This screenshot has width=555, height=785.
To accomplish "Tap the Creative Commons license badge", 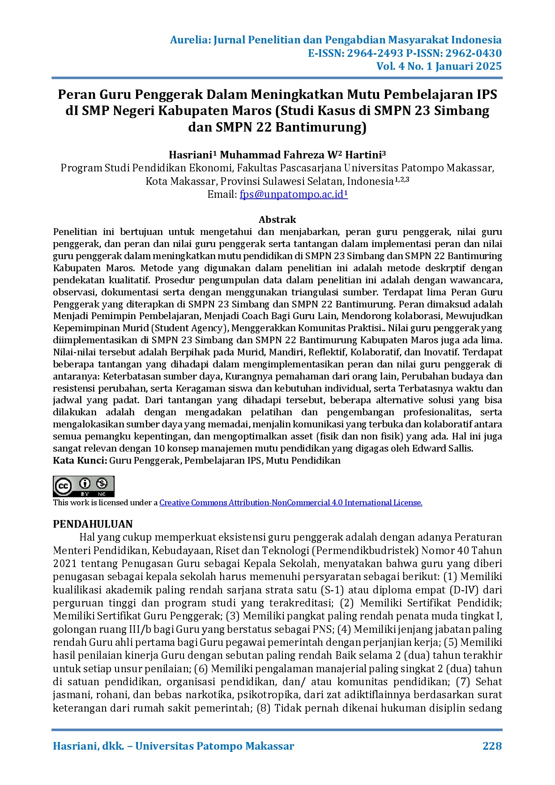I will [x=84, y=486].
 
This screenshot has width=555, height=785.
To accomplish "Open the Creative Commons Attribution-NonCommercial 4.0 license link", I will [x=290, y=503].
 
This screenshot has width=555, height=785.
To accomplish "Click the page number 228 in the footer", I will [x=492, y=746].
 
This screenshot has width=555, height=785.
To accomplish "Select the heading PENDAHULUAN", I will [x=93, y=524].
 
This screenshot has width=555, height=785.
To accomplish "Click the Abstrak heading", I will [x=277, y=219].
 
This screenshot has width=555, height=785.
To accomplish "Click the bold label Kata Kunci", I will [x=80, y=461].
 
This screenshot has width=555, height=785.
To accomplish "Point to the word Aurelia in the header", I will [x=189, y=40].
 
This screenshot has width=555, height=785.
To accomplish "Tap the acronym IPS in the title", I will [x=486, y=95].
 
